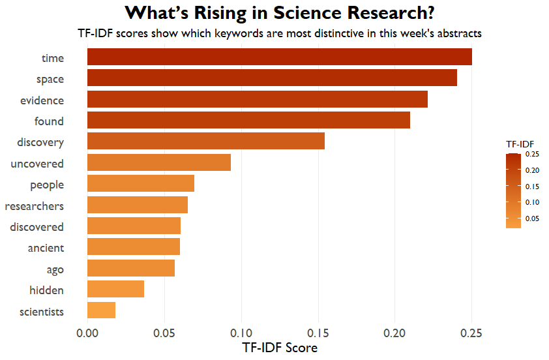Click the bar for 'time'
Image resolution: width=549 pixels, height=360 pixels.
pos(280,57)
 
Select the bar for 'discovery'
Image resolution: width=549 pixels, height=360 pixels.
pos(206,141)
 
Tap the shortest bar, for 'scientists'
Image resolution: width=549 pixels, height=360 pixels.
pos(101,310)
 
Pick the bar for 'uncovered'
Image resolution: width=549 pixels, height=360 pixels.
pos(159,162)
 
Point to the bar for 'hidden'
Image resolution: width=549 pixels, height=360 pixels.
pos(115,289)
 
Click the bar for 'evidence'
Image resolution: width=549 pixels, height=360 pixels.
pos(258,99)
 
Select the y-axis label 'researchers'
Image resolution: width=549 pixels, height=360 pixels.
pos(35,206)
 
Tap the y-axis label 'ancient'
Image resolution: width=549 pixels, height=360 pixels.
pos(46,248)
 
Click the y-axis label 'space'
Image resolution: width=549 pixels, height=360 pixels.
pos(50,80)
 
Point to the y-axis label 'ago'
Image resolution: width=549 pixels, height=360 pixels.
pos(55,269)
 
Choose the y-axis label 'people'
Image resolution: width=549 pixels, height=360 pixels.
pos(47,185)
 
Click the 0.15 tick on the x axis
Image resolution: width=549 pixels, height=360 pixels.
pos(318,333)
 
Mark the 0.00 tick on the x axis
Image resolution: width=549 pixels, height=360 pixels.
pos(87,333)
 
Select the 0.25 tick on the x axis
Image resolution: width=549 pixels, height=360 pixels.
pos(471,333)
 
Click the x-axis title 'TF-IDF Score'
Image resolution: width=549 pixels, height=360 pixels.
pos(280,348)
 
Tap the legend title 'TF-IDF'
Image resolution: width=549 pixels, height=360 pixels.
pos(520,144)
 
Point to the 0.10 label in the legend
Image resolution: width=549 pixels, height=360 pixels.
pos(532,202)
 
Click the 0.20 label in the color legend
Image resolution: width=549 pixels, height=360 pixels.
pos(532,171)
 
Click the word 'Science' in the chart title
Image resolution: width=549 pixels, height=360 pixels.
pos(307,13)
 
